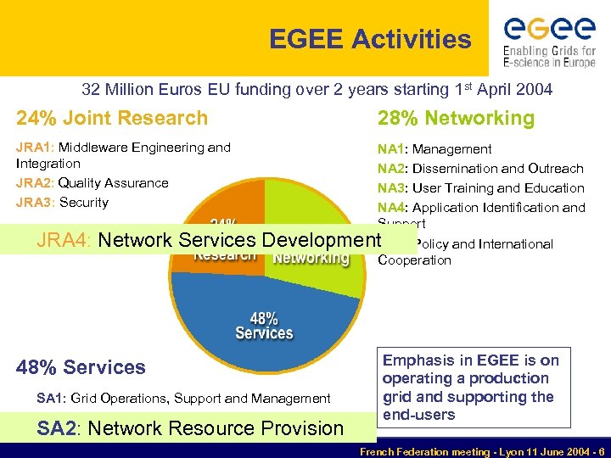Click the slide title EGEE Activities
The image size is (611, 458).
(x=369, y=39)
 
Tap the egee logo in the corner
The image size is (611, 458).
(x=549, y=40)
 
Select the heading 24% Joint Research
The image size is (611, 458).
(x=112, y=118)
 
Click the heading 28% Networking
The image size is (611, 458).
(x=456, y=118)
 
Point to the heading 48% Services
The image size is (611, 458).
(x=81, y=367)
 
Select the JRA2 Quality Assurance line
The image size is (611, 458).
(x=92, y=183)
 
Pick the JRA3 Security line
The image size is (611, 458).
(x=62, y=203)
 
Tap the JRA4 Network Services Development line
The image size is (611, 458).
(x=209, y=240)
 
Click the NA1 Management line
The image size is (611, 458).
(x=434, y=149)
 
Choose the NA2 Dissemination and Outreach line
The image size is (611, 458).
(x=480, y=169)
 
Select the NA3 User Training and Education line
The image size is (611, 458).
(x=480, y=188)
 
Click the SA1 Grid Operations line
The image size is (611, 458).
(x=183, y=398)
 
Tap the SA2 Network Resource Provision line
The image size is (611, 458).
(x=190, y=428)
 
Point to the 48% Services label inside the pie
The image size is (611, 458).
(x=264, y=327)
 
